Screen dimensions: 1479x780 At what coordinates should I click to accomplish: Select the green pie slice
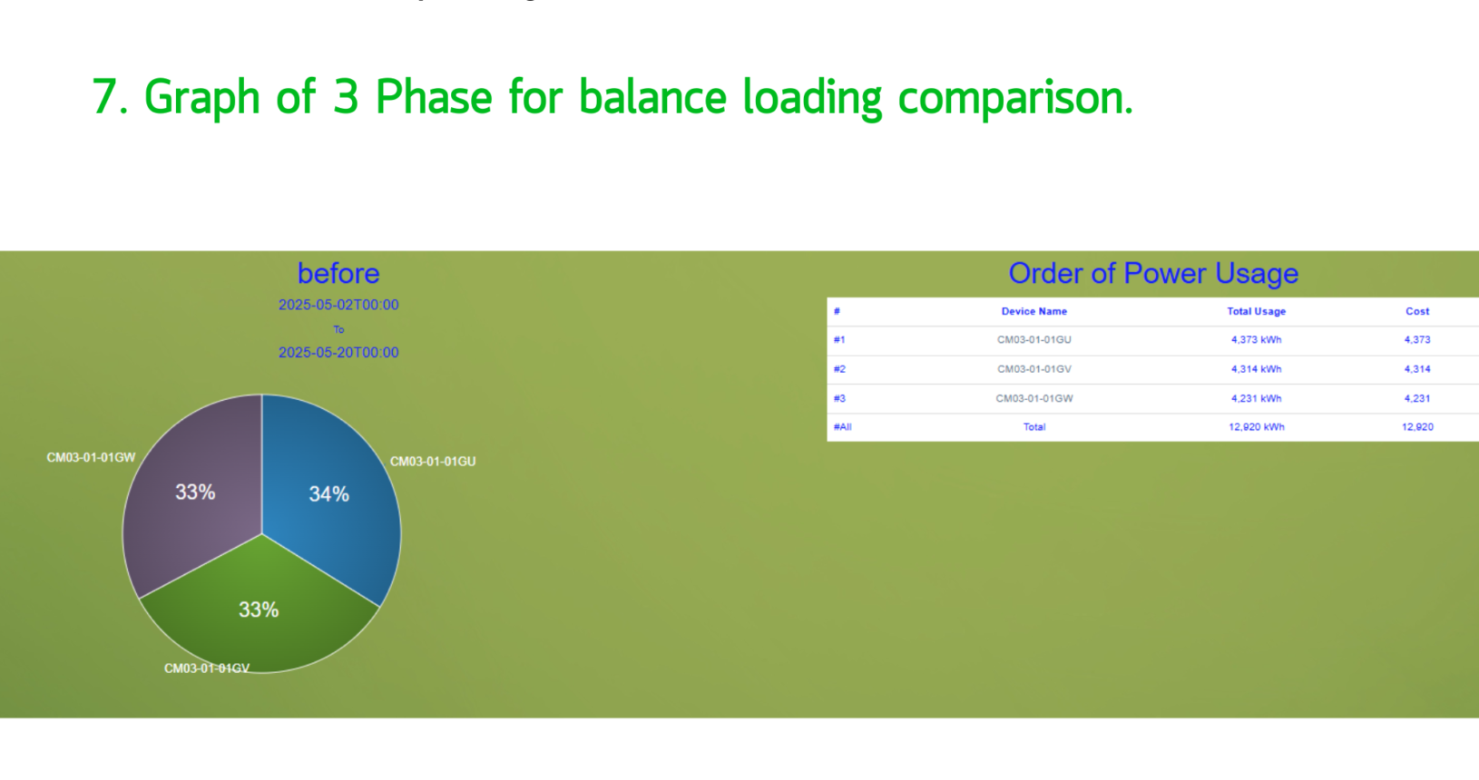point(259,610)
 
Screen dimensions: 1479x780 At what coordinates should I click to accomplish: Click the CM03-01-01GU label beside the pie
point(433,462)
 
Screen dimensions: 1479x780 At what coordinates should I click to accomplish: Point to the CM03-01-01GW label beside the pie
point(91,457)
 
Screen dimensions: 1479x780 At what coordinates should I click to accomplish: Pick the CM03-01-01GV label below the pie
point(207,668)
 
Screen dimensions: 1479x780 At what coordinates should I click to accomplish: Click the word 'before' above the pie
point(338,273)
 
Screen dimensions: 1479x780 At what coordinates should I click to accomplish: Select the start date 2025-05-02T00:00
point(338,305)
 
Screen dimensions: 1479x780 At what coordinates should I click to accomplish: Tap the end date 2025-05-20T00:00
point(338,353)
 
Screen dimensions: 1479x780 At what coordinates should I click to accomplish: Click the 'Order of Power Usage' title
point(1153,273)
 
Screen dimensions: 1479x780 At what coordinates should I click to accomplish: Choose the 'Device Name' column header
point(1034,311)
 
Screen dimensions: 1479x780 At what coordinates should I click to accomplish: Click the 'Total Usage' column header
point(1256,311)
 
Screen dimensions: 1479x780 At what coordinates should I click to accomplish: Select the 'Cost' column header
point(1417,311)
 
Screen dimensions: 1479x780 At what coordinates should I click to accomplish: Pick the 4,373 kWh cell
point(1256,340)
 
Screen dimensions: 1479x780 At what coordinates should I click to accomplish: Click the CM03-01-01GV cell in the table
point(1034,369)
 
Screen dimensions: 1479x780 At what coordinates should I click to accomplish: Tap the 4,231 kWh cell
point(1256,398)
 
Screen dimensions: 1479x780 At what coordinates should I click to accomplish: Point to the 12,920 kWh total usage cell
point(1256,427)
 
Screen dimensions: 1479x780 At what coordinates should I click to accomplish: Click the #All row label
point(843,427)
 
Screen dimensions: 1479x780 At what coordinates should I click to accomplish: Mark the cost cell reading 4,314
point(1417,369)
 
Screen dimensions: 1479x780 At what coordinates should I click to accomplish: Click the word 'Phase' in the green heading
point(434,98)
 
